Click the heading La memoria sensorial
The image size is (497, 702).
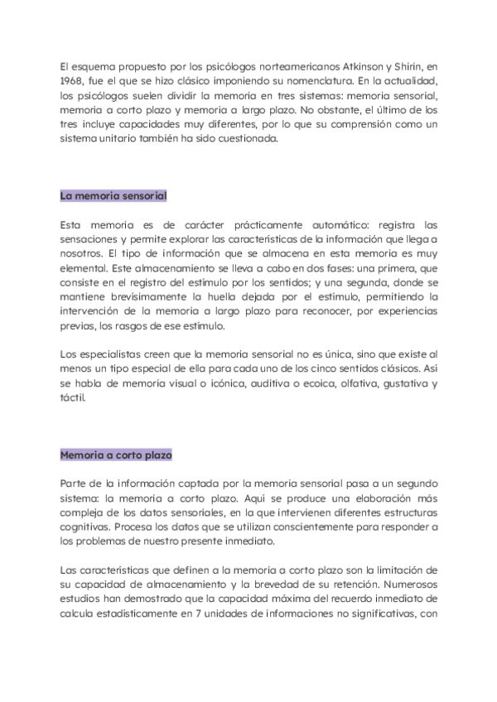click(x=113, y=195)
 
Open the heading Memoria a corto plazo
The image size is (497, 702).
click(x=116, y=454)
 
